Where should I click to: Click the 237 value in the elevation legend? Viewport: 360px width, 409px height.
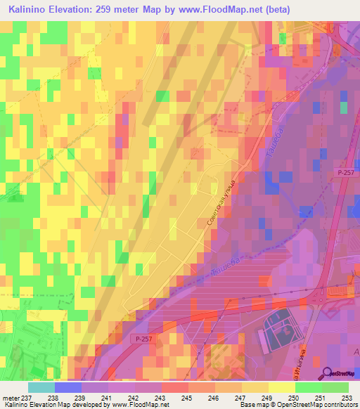tap(27, 397)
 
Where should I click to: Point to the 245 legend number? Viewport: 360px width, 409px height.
tap(187, 397)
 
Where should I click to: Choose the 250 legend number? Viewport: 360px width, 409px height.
tap(293, 397)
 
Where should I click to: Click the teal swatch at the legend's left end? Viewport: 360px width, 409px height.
tap(41, 387)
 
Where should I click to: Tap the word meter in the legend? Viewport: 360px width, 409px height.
tap(10, 397)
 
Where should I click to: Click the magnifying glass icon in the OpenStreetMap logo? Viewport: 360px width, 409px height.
tap(326, 373)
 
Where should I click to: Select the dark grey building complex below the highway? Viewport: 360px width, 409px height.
tap(281, 327)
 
